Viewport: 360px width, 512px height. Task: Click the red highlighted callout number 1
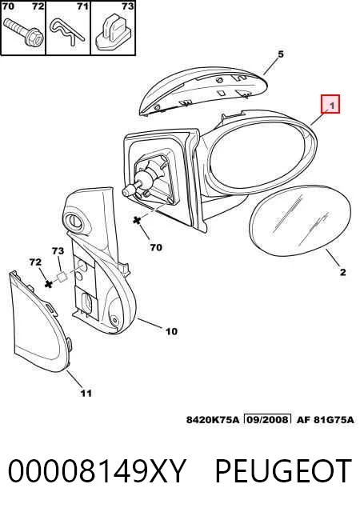[x=330, y=104]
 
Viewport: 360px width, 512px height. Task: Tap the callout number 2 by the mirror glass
[x=342, y=272]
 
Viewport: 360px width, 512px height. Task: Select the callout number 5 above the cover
[x=281, y=54]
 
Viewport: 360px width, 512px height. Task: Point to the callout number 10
[x=171, y=331]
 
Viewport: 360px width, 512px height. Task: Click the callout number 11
[x=86, y=393]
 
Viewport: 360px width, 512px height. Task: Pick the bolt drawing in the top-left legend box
[x=22, y=33]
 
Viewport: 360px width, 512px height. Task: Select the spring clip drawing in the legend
[x=68, y=31]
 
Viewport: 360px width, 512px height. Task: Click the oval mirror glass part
[x=300, y=222]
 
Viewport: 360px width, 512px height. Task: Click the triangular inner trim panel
[x=40, y=323]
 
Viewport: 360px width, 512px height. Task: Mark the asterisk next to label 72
[x=49, y=283]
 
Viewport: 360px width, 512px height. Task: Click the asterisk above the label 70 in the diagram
[x=138, y=221]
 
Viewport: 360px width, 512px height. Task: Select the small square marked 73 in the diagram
[x=62, y=277]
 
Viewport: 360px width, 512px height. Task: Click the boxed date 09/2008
[x=267, y=419]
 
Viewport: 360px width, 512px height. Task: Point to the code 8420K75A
[x=213, y=419]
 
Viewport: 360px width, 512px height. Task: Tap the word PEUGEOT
[x=283, y=471]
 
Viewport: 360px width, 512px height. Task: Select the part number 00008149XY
[x=97, y=471]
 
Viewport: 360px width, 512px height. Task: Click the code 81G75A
[x=334, y=419]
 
